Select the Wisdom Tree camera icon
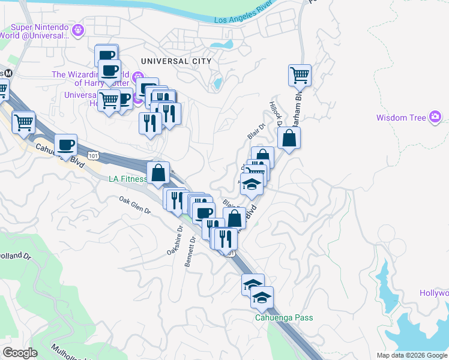436,117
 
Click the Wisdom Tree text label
401,118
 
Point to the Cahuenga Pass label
284,317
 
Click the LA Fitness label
127,179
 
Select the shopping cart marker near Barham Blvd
300,76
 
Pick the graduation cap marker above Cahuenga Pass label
262,297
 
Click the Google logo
20,352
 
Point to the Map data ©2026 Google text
411,355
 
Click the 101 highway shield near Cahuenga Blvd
93,155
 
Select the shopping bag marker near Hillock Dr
289,138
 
